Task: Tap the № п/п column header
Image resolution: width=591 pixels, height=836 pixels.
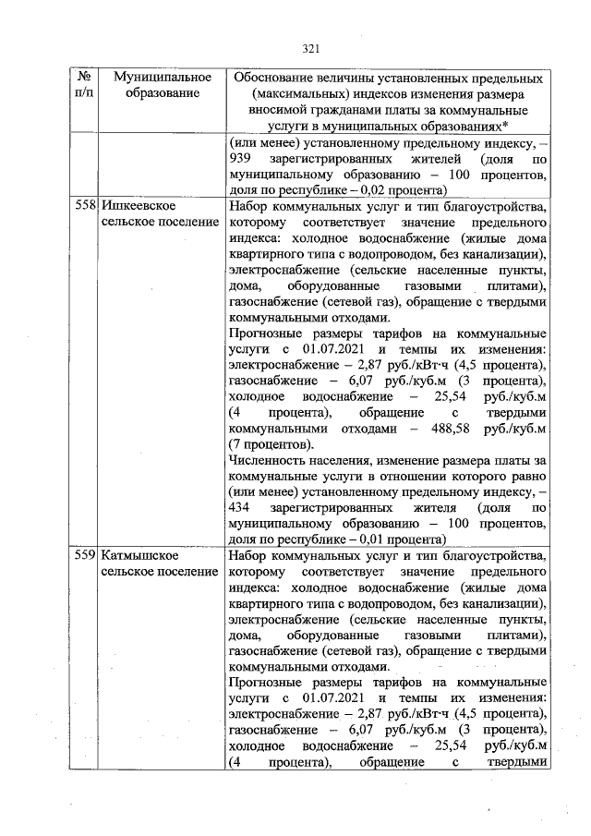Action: pyautogui.click(x=83, y=86)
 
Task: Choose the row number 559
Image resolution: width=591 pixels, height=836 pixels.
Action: pyautogui.click(x=85, y=557)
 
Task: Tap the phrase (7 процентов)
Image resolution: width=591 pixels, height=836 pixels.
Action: pyautogui.click(x=271, y=444)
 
